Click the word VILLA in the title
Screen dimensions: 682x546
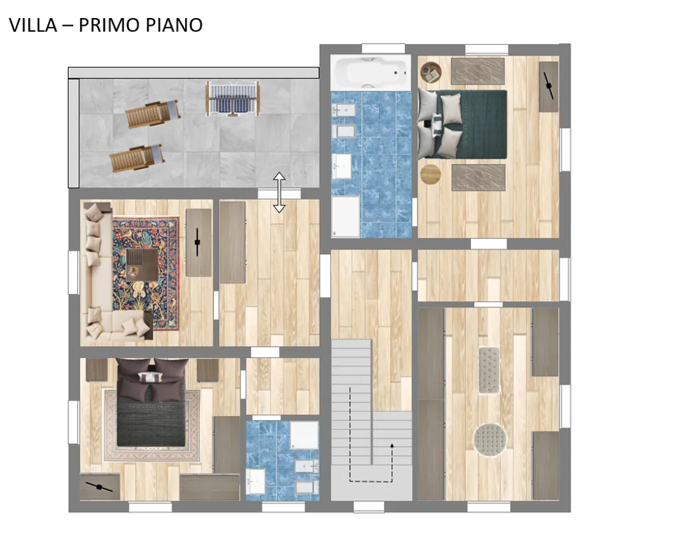(x=33, y=25)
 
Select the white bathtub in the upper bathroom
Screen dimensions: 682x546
(x=370, y=71)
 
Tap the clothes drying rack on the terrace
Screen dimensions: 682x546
(x=233, y=99)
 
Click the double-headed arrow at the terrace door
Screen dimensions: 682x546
(x=279, y=192)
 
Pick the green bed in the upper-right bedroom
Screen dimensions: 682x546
(x=462, y=124)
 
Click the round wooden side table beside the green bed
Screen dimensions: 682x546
(x=431, y=174)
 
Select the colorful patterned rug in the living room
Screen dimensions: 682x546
(x=146, y=274)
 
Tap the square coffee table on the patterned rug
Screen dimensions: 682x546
(x=142, y=265)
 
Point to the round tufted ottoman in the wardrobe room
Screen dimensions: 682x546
(x=490, y=440)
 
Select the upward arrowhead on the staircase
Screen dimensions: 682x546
(x=392, y=445)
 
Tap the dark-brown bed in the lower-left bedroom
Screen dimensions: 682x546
(x=151, y=402)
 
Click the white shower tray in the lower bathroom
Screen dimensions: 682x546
(x=304, y=435)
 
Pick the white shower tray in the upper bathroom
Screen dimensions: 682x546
(x=346, y=217)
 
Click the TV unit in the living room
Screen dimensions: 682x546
(x=198, y=243)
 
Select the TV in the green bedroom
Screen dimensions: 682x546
(x=549, y=85)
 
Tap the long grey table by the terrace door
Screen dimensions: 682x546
(x=232, y=242)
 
